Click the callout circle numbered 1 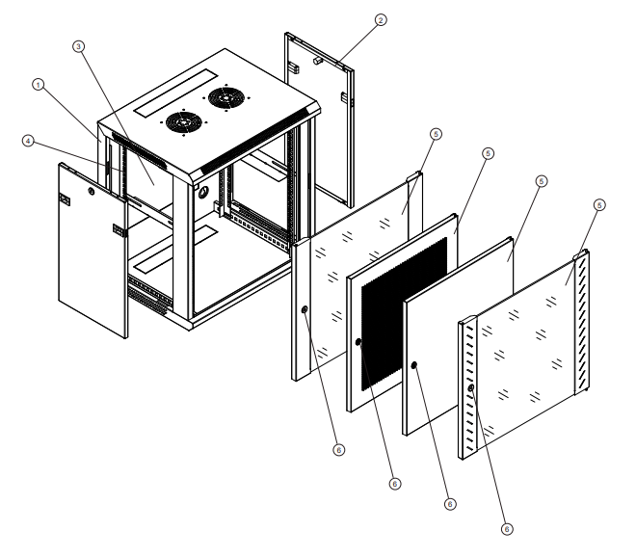39,85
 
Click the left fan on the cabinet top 179,122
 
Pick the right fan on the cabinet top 226,98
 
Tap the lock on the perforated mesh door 358,342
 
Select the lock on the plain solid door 413,365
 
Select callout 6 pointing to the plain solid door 449,503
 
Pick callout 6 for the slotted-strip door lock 508,527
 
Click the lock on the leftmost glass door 305,310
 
